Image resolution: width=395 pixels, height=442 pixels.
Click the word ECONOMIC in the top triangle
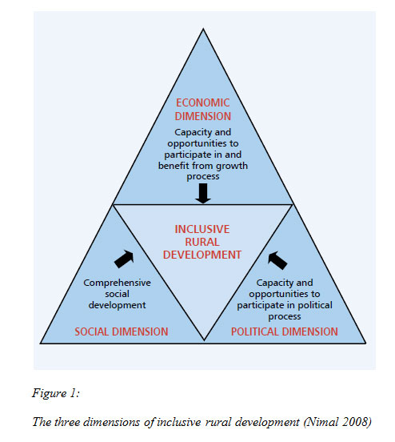203,102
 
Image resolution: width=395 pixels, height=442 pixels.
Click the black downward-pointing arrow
203,193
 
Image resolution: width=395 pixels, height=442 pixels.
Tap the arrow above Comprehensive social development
124,259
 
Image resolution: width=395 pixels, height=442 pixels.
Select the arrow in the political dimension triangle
277,260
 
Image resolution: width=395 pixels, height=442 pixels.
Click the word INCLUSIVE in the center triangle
202,229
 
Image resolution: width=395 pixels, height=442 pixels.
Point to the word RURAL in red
202,242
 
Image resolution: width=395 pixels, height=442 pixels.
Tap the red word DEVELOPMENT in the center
202,255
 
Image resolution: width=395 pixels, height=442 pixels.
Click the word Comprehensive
117,283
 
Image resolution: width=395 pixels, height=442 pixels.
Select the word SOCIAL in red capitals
92,331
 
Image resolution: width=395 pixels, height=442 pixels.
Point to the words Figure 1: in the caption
56,393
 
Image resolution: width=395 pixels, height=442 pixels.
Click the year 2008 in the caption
357,422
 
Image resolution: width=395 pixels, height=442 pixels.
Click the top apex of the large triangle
203,29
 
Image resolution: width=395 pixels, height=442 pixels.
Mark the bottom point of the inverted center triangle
204,340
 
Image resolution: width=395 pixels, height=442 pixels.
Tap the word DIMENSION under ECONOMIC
203,116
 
